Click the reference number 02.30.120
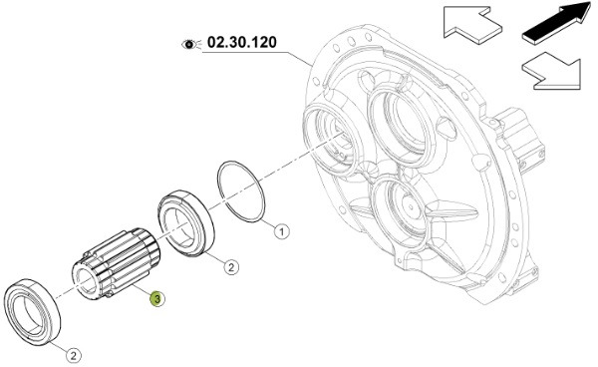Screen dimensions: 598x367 pyautogui.click(x=242, y=42)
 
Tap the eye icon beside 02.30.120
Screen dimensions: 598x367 pyautogui.click(x=189, y=45)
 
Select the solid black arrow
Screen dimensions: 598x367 pyautogui.click(x=557, y=23)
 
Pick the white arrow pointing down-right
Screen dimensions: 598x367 pyautogui.click(x=552, y=72)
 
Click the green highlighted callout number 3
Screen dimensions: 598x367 pyautogui.click(x=156, y=299)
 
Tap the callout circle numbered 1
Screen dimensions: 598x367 pyautogui.click(x=282, y=231)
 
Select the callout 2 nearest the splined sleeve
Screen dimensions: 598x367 pyautogui.click(x=231, y=266)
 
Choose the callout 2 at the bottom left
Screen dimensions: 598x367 pyautogui.click(x=74, y=356)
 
